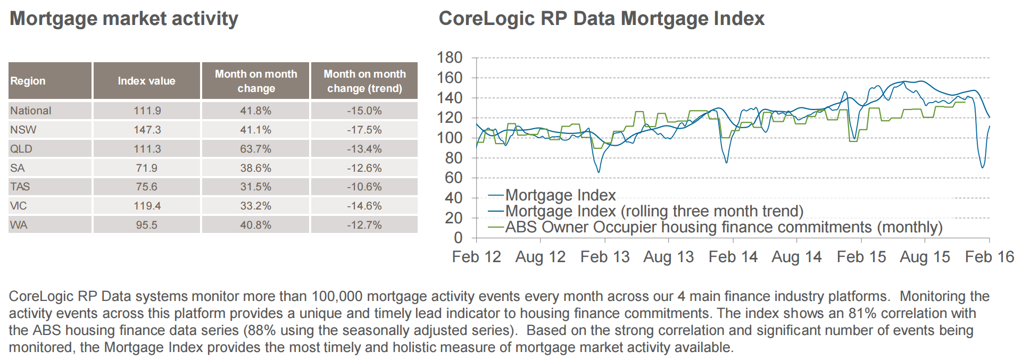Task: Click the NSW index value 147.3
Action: coord(147,130)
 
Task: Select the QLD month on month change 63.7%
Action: coord(255,149)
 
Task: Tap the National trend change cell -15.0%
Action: coord(364,111)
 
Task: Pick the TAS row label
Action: coord(20,187)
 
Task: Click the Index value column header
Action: coord(146,81)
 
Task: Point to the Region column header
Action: coord(28,81)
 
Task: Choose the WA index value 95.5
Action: coord(146,225)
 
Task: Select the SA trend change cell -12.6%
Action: coord(364,168)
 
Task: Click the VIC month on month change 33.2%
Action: coord(255,206)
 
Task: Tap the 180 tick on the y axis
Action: coord(450,57)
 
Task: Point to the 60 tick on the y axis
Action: coord(454,178)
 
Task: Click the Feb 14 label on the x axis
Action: coord(733,257)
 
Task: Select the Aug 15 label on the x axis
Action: coord(925,257)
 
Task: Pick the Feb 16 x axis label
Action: coord(990,257)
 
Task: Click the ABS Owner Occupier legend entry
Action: coord(716,228)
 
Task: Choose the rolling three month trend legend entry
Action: coord(646,211)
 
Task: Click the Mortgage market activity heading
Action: coord(124,19)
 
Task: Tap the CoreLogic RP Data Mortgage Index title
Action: coord(601,19)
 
